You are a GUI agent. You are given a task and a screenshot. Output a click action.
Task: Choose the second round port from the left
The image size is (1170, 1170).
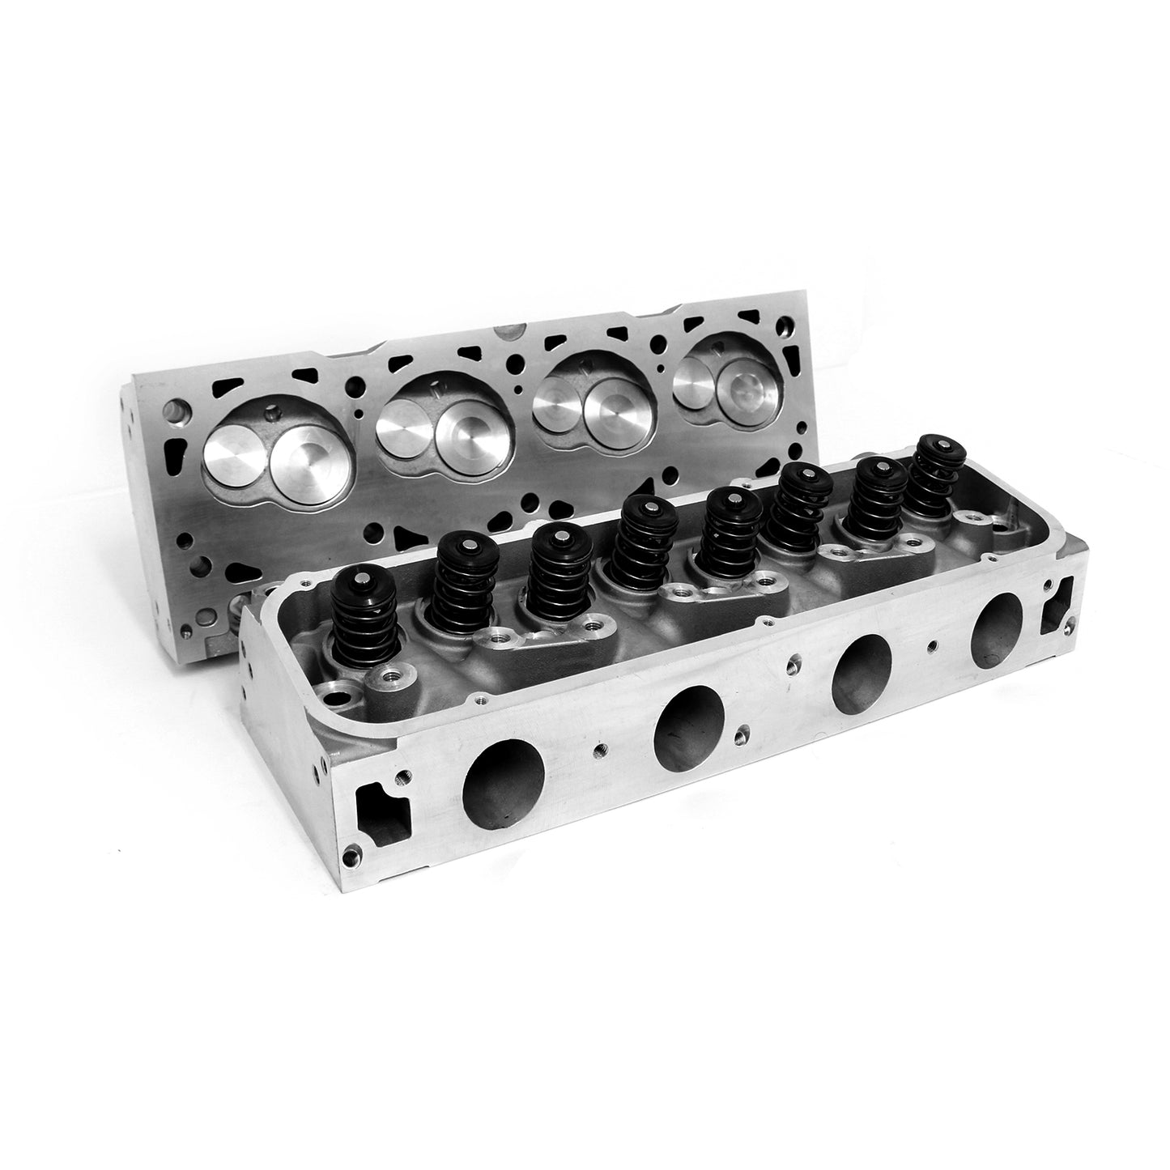689,717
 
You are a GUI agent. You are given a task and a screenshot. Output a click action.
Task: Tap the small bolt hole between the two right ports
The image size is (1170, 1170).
935,644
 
